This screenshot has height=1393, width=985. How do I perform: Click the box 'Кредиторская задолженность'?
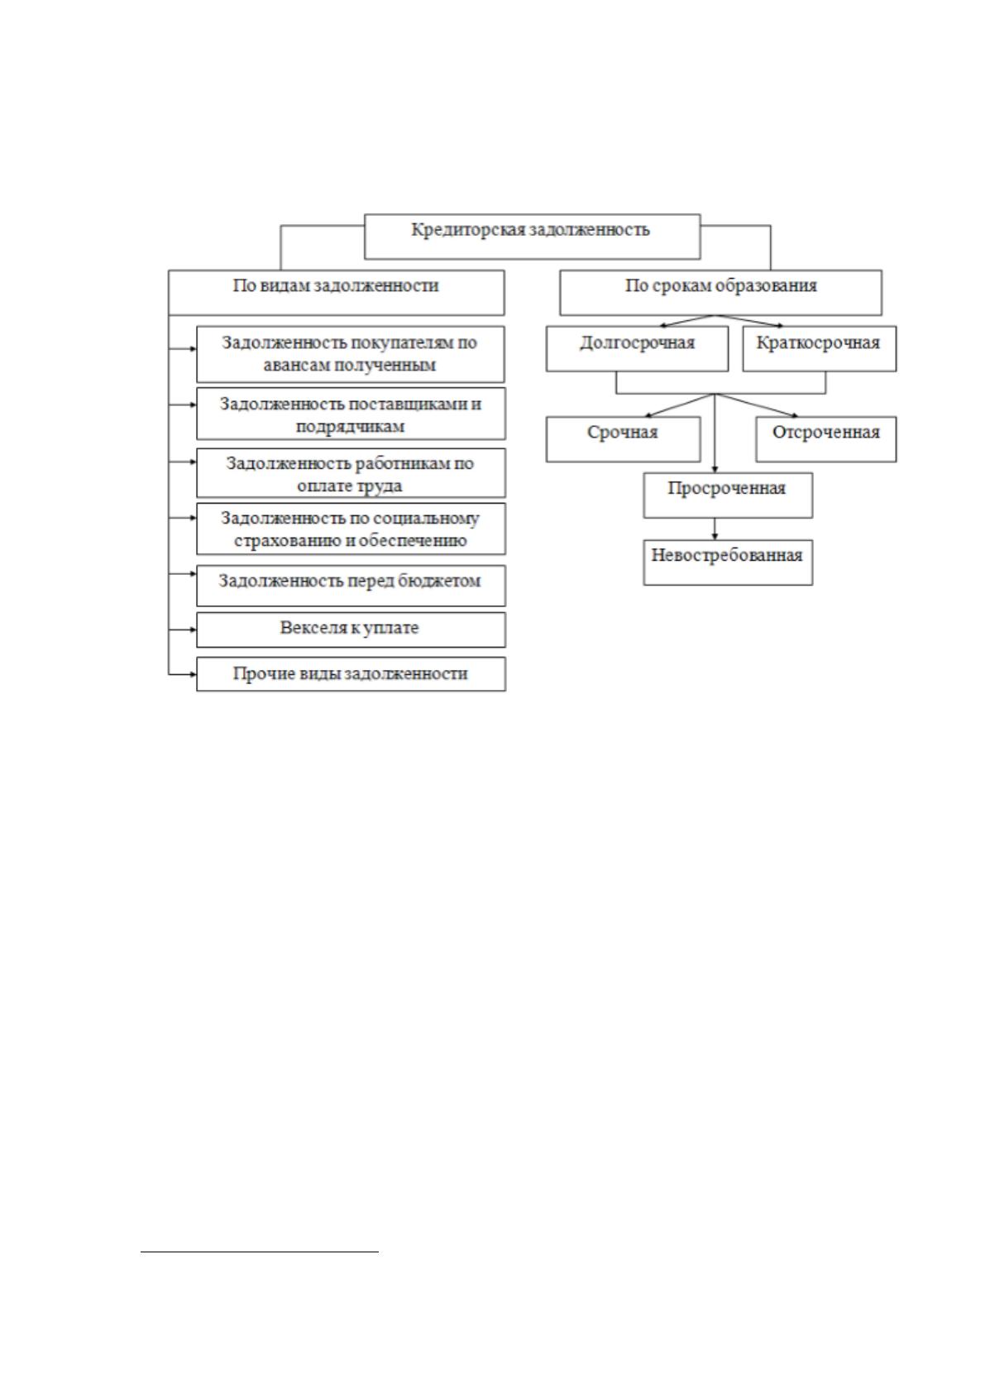(x=532, y=237)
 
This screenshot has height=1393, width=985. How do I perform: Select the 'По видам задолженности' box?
(x=337, y=292)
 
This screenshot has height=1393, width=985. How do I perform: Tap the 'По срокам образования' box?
(x=720, y=292)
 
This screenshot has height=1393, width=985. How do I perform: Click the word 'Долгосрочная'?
(x=638, y=342)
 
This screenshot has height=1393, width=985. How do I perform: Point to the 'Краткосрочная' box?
(x=820, y=349)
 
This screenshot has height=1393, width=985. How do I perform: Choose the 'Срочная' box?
(x=623, y=439)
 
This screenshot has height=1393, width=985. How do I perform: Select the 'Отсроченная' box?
(x=826, y=439)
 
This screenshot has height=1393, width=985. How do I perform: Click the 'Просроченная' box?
(x=728, y=495)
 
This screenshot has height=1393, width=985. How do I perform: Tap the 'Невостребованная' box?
(x=728, y=562)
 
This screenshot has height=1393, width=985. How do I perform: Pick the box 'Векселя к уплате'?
(x=351, y=629)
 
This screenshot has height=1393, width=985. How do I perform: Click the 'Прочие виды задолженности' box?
(x=351, y=674)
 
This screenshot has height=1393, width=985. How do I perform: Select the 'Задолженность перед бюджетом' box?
(x=351, y=585)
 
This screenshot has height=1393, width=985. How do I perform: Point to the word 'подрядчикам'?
(x=350, y=427)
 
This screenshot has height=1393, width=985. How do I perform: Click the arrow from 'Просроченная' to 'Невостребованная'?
(x=715, y=529)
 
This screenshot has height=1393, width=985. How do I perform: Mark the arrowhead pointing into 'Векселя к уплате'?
(x=194, y=629)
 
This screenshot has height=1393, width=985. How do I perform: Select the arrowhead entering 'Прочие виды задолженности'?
(x=194, y=674)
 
